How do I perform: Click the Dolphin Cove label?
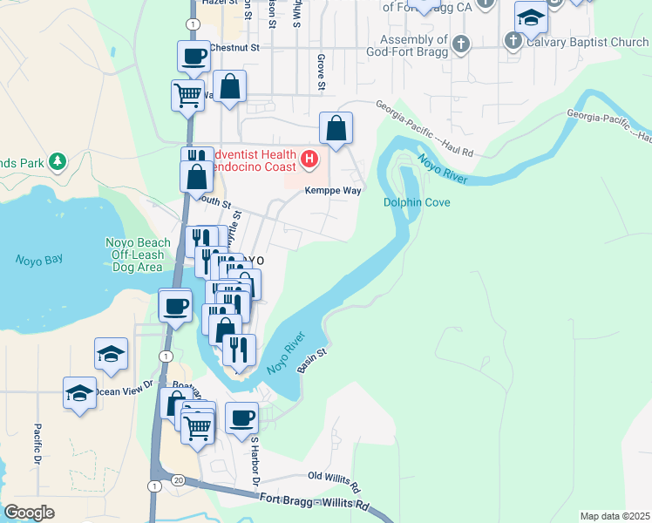417,203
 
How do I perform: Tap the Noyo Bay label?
38,260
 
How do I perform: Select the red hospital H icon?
309,160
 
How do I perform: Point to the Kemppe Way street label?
332,189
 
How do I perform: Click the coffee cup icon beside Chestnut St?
194,57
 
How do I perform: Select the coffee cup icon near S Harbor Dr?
241,417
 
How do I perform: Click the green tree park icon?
58,162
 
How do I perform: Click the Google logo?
29,512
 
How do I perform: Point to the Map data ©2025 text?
615,516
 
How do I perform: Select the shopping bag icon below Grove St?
336,129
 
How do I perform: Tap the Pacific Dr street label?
38,444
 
